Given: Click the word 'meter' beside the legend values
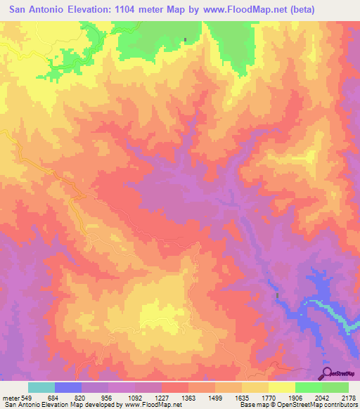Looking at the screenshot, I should [10, 397].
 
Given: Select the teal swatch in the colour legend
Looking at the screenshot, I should [41, 387].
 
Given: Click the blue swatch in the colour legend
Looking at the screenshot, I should [68, 387].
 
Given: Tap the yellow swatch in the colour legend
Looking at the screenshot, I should [282, 387].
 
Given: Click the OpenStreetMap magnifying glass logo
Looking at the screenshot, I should [328, 372].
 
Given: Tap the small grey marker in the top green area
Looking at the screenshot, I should [186, 39].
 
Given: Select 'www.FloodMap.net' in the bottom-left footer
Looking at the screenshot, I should [153, 405].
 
